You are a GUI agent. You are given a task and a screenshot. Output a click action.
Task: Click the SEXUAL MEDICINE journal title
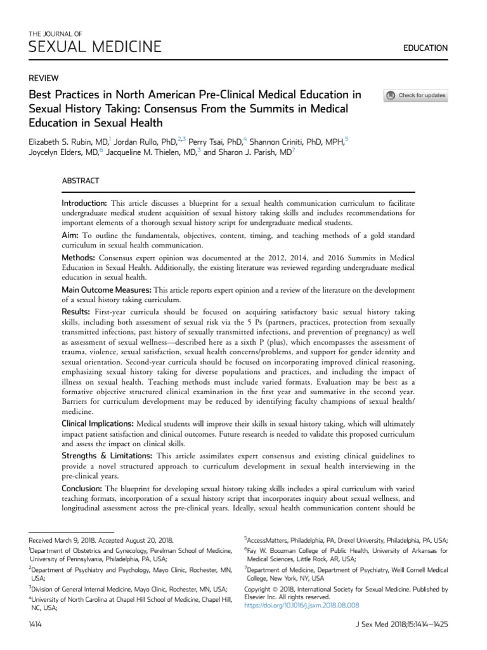[95, 46]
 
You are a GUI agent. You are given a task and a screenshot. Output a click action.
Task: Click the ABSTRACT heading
[81, 181]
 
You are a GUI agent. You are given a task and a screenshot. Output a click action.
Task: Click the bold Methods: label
[78, 258]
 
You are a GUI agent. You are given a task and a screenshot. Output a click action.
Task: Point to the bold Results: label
[76, 312]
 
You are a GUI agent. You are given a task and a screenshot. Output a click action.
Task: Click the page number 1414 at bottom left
[36, 625]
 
